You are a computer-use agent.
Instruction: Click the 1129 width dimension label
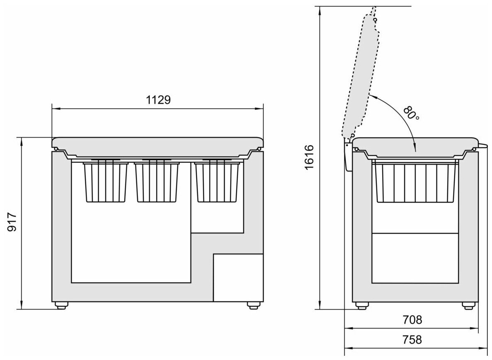pos(158,100)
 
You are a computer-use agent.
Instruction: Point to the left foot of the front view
pos(61,305)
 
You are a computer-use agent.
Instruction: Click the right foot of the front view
pos(252,305)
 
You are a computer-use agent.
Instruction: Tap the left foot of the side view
pos(362,305)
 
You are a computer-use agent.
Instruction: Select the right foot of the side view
pos(468,305)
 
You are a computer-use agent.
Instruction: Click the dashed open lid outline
pos(360,75)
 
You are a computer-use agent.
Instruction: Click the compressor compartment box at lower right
pos(238,278)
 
